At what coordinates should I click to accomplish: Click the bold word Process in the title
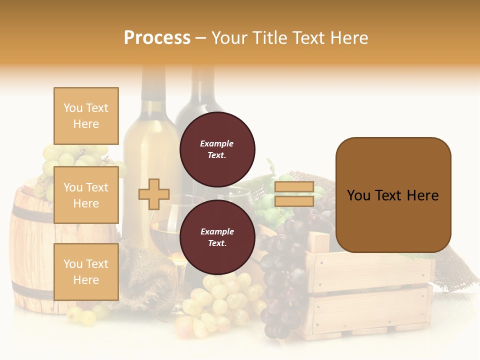coord(157,38)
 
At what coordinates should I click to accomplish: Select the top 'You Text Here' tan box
coord(86,116)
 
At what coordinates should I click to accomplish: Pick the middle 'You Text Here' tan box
coord(86,195)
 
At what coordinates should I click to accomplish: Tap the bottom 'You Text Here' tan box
coord(86,271)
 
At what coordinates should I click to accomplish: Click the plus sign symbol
coord(154,194)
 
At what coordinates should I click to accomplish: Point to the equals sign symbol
coord(294,194)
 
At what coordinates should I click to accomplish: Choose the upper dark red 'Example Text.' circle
coord(217,149)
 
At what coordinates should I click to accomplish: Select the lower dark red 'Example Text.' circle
coord(217,237)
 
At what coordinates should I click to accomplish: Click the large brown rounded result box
coord(393,195)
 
